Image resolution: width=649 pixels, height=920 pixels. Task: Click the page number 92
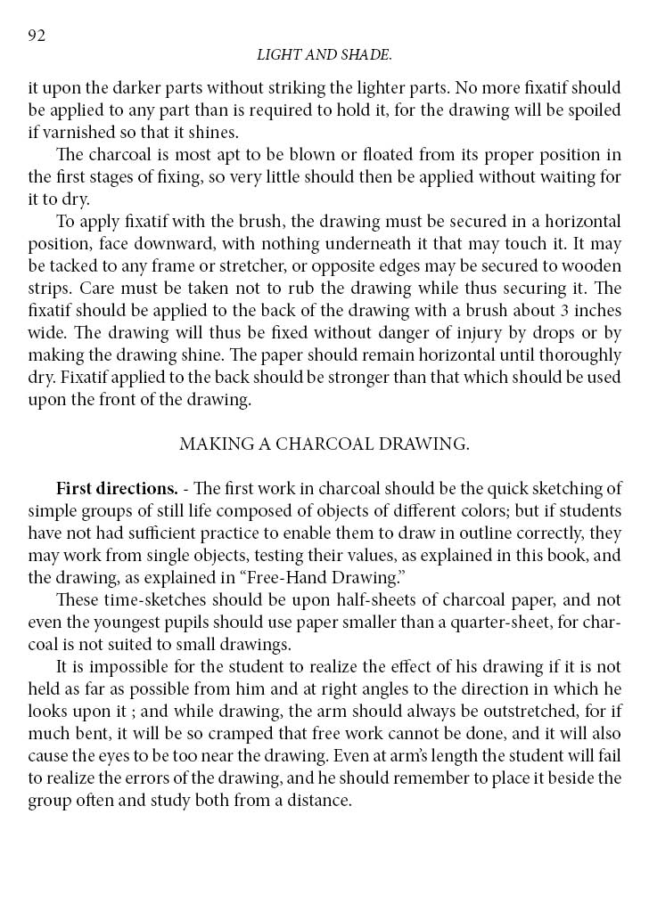(x=37, y=36)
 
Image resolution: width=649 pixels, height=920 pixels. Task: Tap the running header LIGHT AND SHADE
(x=324, y=55)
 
